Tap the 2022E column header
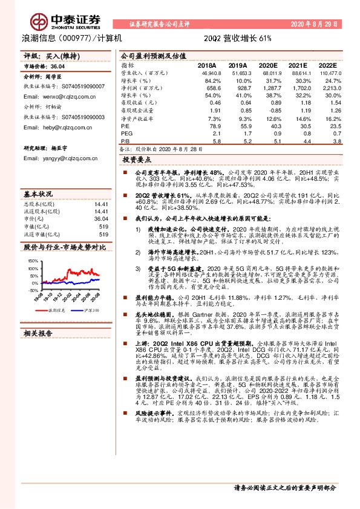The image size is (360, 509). [x=327, y=65]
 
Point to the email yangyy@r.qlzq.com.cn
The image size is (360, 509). [x=61, y=158]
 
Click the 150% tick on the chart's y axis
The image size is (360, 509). [x=31, y=261]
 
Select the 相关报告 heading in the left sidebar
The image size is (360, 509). [x=38, y=333]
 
